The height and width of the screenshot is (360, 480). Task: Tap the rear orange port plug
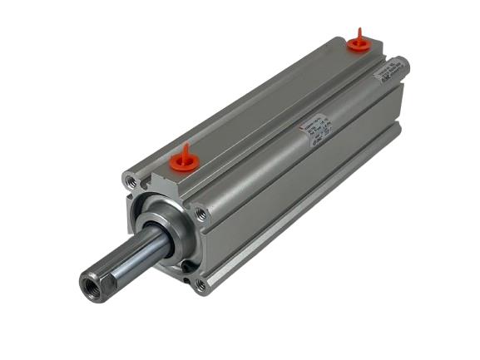coord(359,44)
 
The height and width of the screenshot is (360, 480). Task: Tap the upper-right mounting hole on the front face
coord(200,215)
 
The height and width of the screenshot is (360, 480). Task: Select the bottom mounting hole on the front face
coord(200,284)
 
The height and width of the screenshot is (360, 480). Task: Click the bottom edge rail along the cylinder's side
coord(308,216)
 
